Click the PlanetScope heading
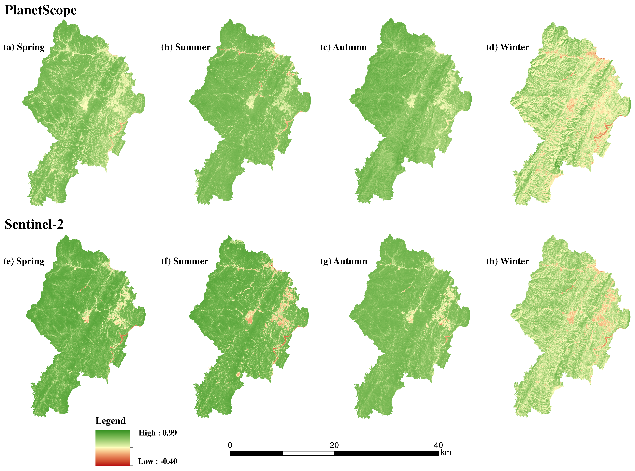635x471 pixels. click(x=40, y=10)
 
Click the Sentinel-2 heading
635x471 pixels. click(x=34, y=224)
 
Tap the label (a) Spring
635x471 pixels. click(x=24, y=47)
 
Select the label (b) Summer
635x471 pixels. click(x=186, y=47)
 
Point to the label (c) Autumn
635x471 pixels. click(x=343, y=47)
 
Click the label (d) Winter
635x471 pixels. click(x=507, y=47)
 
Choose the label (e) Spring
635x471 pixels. click(x=24, y=261)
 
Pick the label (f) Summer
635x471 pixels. click(x=185, y=261)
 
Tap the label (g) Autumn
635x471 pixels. click(x=343, y=261)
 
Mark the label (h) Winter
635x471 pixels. click(x=507, y=261)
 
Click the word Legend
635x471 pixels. click(x=110, y=421)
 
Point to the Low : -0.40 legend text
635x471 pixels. click(x=157, y=461)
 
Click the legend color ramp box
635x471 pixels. click(x=113, y=448)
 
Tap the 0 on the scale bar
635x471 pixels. click(x=230, y=445)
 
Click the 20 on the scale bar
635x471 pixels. click(x=334, y=445)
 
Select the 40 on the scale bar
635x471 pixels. click(x=438, y=445)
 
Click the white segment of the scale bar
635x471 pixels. click(x=308, y=453)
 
